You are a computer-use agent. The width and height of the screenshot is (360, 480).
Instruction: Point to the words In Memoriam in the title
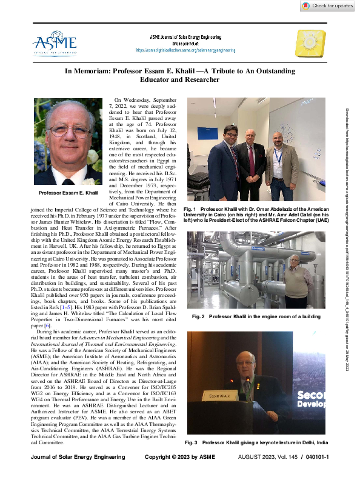[x=92, y=71]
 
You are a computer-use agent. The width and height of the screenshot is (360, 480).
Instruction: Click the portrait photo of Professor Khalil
[x=68, y=142]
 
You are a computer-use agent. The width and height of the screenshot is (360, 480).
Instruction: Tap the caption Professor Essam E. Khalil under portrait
[x=68, y=193]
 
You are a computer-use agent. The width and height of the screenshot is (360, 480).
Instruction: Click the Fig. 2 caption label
[x=199, y=317]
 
